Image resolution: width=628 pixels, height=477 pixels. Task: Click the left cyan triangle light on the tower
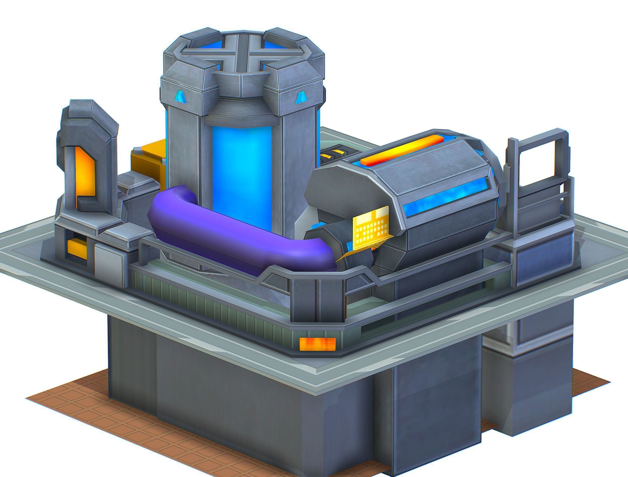[180, 97]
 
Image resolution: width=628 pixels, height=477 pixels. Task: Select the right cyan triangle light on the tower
[300, 98]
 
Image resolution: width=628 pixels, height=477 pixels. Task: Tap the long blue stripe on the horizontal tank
[446, 196]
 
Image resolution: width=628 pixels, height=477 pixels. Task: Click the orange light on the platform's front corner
[318, 344]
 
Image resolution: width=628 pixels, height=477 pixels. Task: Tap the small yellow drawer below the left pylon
[77, 249]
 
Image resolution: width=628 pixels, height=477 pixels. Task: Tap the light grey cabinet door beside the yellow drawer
[109, 258]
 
